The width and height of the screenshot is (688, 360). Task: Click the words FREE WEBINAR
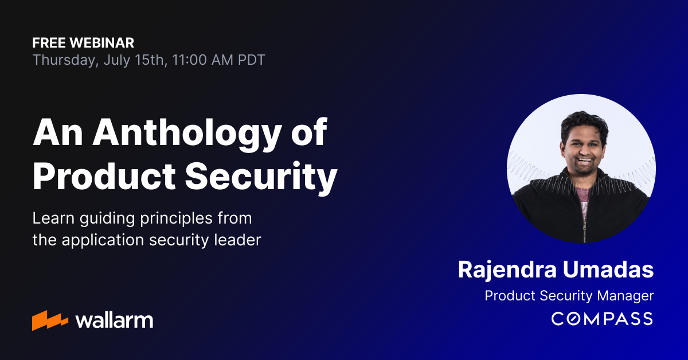click(x=83, y=42)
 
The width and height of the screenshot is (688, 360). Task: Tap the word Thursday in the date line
click(x=65, y=60)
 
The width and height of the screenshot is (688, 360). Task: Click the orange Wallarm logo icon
click(x=50, y=320)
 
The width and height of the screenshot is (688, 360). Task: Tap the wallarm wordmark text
click(x=114, y=320)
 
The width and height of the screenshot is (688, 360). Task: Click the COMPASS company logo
click(x=602, y=318)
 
